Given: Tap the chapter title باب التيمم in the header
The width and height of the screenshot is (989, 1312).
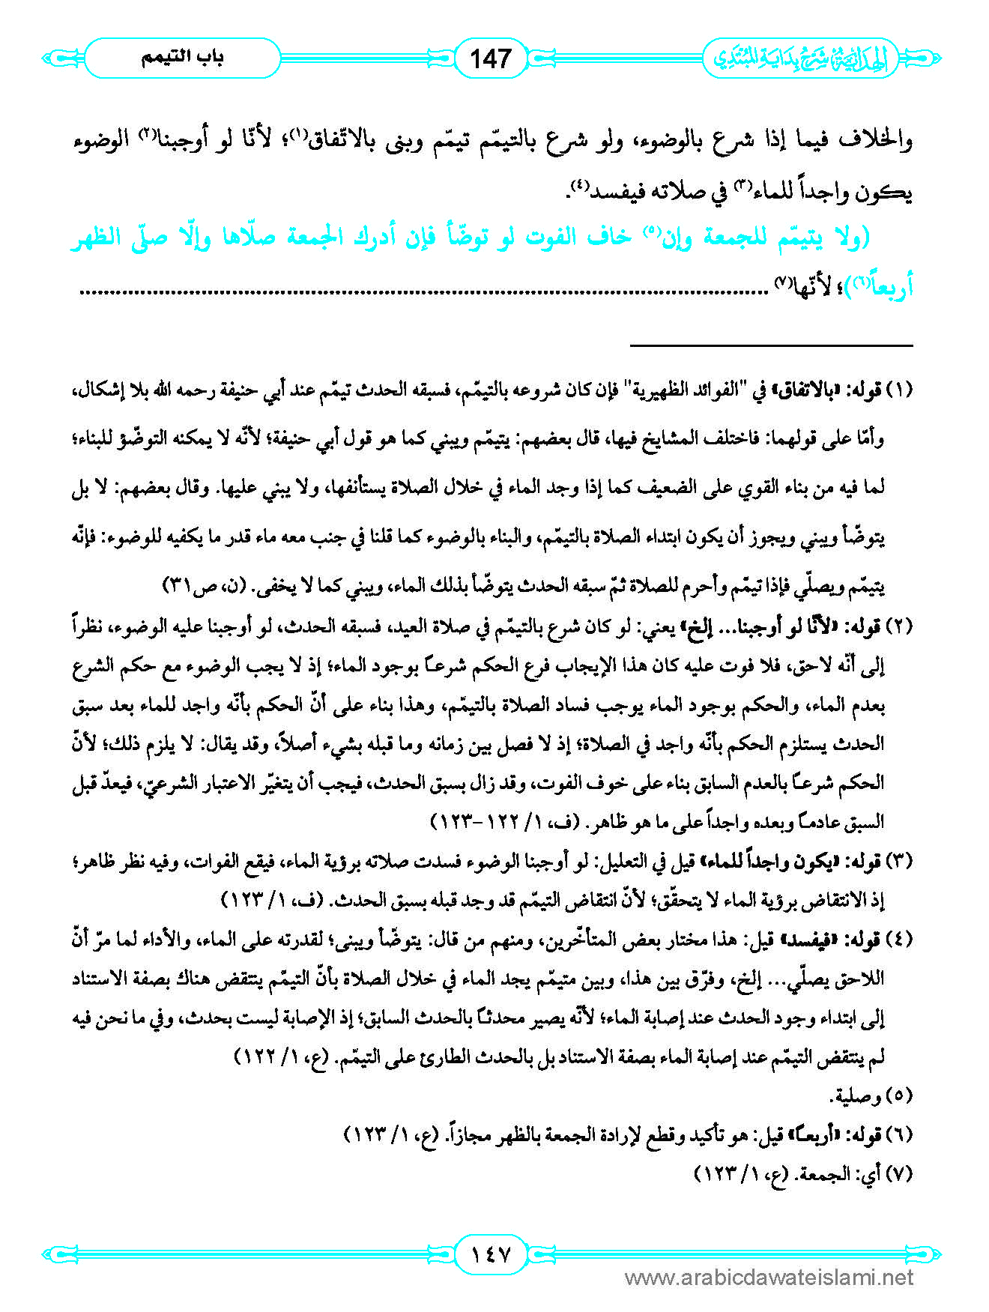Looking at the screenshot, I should pos(182,58).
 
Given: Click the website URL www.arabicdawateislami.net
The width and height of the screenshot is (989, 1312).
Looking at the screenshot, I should pos(769,1278).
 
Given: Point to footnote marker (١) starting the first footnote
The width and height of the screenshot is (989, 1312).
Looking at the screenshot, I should pos(898,390).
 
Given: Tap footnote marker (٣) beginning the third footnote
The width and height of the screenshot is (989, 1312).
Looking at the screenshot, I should pos(898,861).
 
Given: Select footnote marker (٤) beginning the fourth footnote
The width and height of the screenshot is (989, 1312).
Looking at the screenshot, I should pos(898,940).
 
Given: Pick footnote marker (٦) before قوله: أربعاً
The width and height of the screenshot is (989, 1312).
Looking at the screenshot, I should pos(898,1135).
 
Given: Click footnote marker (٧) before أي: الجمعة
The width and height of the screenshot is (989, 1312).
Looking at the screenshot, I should pos(898,1174).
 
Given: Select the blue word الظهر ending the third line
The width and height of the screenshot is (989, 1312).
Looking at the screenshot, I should pos(97,239).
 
